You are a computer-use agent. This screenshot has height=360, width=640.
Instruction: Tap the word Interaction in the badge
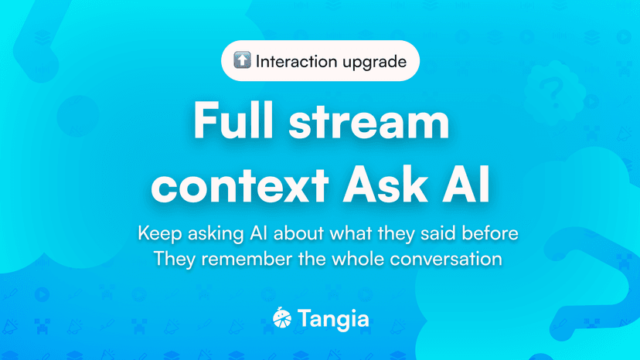[x=294, y=61]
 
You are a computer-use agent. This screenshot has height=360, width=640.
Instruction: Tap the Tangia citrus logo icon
[x=282, y=318]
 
